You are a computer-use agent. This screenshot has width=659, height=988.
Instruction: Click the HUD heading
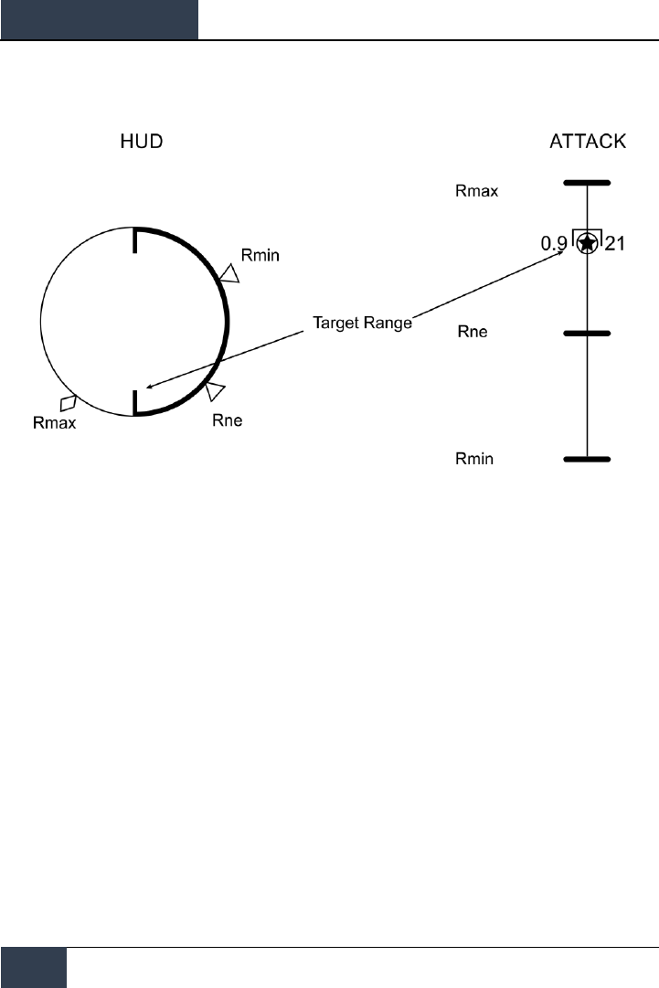143,142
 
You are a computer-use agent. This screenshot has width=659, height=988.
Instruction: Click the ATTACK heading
587,142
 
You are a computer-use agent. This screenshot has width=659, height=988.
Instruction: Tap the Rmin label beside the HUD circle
260,254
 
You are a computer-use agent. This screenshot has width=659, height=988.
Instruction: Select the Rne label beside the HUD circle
227,421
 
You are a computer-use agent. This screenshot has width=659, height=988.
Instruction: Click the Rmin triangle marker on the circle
229,273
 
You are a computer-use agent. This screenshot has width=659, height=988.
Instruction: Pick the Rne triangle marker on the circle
216,391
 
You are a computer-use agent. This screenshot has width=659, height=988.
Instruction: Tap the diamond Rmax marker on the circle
68,402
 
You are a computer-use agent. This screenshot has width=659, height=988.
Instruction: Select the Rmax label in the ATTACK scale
476,192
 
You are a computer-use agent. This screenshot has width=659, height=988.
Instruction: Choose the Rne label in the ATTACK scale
472,332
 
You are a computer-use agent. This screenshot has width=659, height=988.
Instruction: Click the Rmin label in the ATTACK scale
474,459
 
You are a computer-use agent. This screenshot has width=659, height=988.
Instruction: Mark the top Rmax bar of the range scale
587,183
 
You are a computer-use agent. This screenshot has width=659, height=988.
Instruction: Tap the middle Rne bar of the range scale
587,334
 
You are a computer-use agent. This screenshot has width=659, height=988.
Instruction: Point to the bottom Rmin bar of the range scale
587,459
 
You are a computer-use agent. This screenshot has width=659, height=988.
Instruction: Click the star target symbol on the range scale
587,244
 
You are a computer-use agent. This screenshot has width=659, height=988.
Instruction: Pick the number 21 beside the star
615,245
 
